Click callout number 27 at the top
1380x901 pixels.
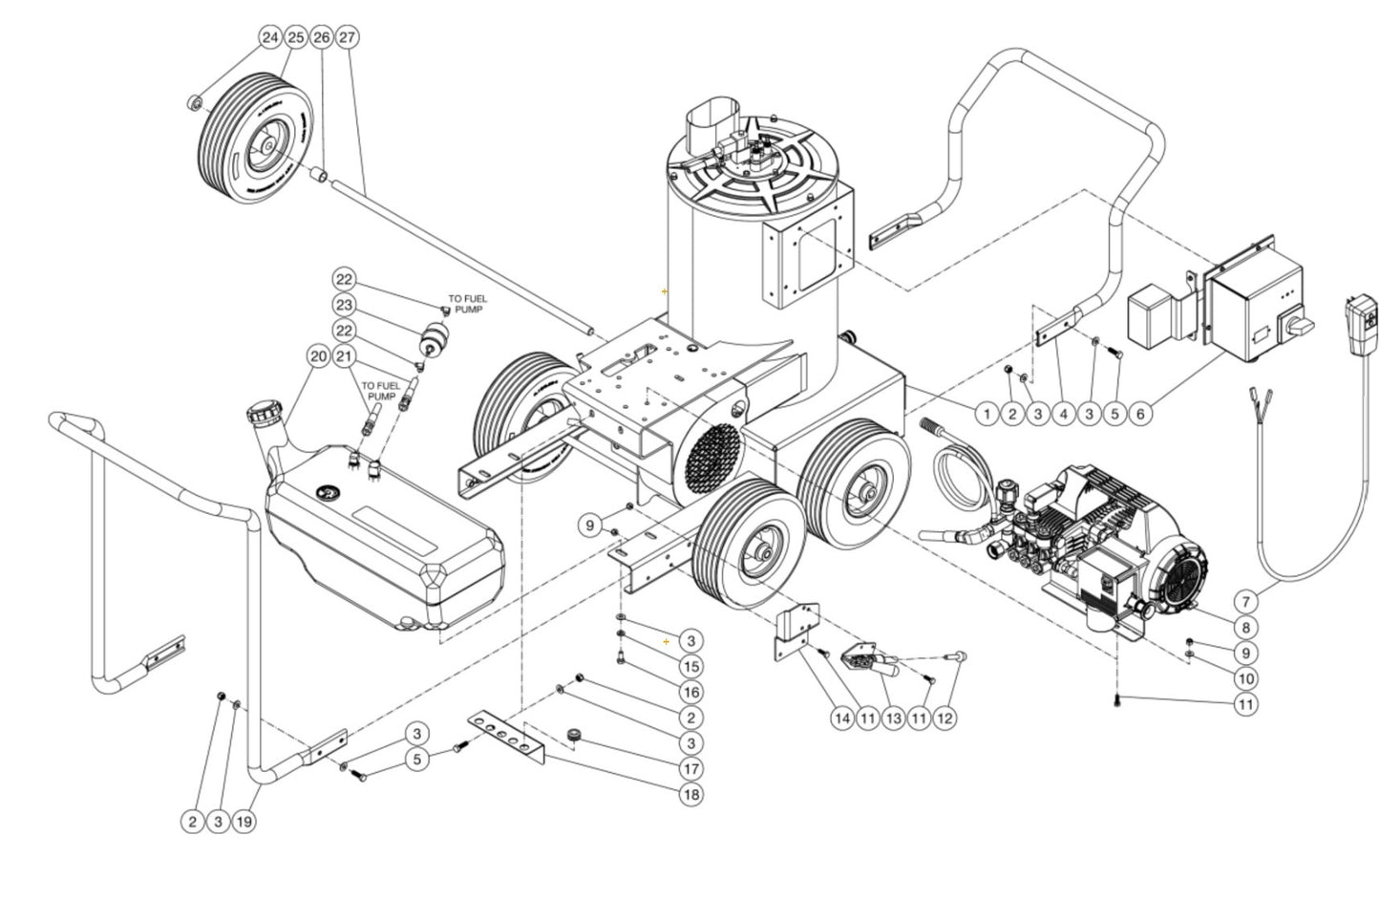click(347, 37)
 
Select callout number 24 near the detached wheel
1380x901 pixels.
click(270, 37)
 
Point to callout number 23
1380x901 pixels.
click(344, 305)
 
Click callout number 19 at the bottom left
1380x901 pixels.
click(244, 821)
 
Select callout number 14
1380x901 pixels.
click(840, 717)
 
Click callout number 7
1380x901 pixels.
click(1245, 602)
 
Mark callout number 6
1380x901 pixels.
click(1140, 414)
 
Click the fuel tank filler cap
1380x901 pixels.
click(262, 417)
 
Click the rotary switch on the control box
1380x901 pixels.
click(1299, 326)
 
